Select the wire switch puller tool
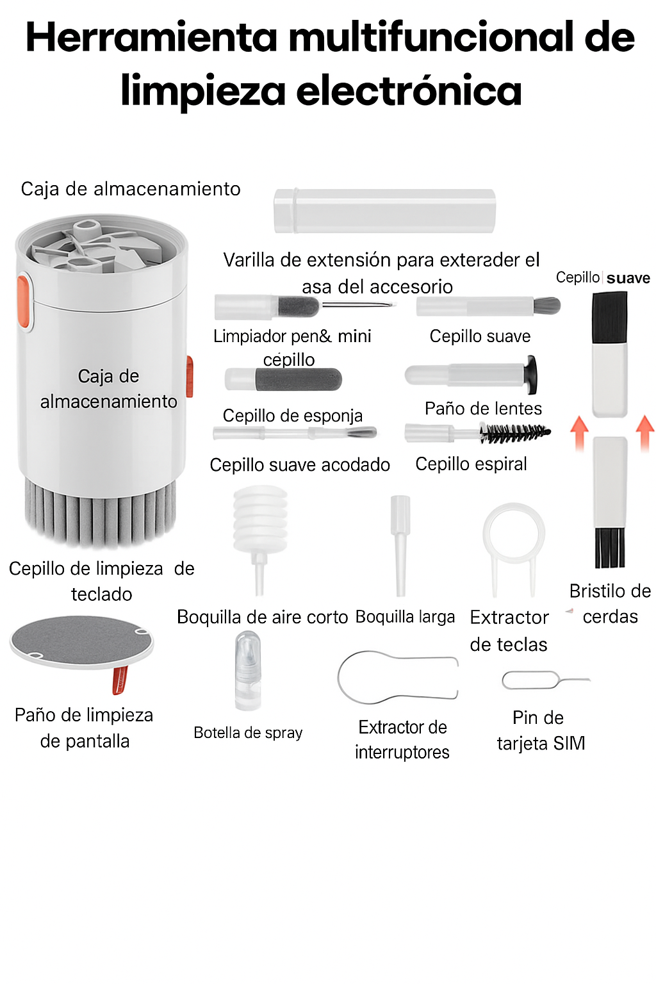(x=397, y=677)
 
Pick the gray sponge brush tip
(x=299, y=379)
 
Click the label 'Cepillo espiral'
(x=471, y=464)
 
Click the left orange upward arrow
(x=579, y=432)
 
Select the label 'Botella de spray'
(x=248, y=732)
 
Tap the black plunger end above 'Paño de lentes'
(x=530, y=374)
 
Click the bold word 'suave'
(x=628, y=278)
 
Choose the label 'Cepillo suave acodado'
(x=300, y=464)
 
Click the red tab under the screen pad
(x=120, y=680)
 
